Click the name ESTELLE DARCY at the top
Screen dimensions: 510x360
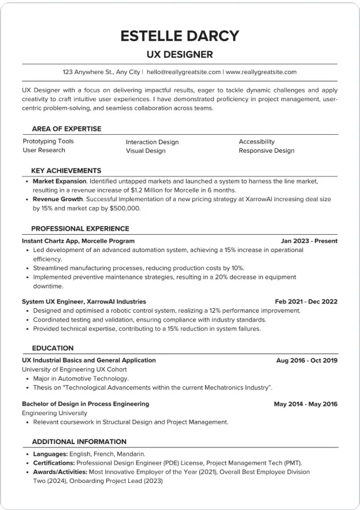179,35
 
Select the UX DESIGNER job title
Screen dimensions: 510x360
179,55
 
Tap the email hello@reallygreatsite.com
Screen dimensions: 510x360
184,72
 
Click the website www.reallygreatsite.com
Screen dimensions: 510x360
261,72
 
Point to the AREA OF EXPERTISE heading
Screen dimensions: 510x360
66,129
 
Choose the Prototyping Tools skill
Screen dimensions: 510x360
49,141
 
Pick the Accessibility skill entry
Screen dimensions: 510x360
257,142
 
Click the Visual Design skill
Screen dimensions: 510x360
146,151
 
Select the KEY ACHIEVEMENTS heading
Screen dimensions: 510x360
66,171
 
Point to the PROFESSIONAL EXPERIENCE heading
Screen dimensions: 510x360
80,228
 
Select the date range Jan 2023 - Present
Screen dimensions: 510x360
309,241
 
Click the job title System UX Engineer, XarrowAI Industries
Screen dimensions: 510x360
84,302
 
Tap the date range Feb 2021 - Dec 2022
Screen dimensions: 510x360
306,302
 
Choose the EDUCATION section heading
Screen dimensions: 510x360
53,348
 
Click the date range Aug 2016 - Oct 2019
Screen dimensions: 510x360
306,360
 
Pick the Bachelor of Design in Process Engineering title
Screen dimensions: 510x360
86,404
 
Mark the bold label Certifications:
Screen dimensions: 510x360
54,463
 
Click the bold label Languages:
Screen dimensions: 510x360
50,454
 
